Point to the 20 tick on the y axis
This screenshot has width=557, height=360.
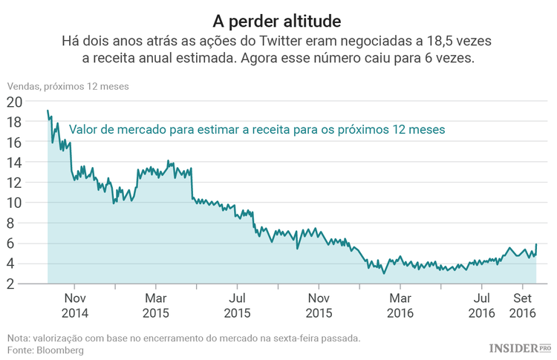point(14,102)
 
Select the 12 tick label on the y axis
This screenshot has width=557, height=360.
point(14,183)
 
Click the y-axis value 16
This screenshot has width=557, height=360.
point(14,142)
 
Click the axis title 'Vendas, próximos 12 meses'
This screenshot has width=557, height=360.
point(68,86)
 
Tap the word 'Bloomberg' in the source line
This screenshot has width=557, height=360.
point(59,350)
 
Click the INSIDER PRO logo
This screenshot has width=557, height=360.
point(519,347)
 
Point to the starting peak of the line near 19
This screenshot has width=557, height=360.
point(48,111)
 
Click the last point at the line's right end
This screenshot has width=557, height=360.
point(536,244)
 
